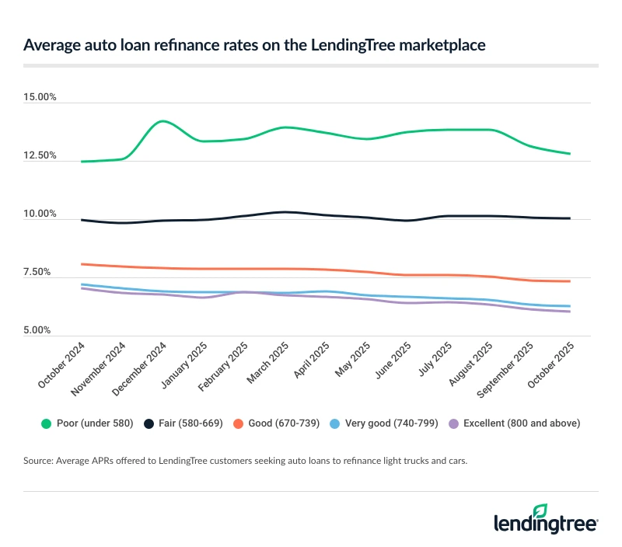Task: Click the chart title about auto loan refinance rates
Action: [254, 45]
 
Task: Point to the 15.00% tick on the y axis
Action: [40, 98]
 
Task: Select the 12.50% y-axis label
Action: [40, 156]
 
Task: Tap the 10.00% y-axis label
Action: [40, 214]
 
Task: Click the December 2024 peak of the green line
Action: [162, 121]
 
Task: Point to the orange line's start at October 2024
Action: [82, 264]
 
